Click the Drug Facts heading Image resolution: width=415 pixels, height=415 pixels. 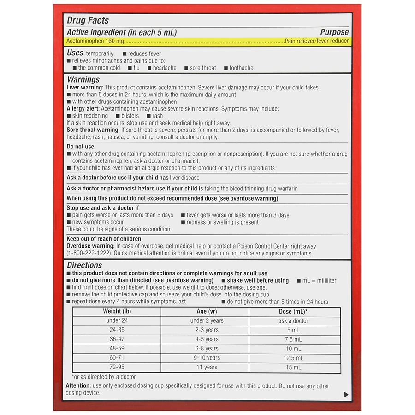click(88, 20)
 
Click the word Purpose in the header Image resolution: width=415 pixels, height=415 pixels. click(334, 32)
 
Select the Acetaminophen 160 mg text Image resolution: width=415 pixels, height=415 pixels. click(90, 41)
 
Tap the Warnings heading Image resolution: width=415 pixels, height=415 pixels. click(83, 79)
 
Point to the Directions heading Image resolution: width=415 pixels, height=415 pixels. click(84, 265)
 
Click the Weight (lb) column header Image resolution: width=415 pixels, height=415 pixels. click(117, 311)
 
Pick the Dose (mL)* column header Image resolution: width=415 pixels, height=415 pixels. click(293, 311)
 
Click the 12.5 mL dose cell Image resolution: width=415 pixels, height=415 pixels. click(293, 358)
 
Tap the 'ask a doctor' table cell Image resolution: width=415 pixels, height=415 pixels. click(293, 320)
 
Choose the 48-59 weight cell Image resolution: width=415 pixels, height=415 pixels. click(117, 349)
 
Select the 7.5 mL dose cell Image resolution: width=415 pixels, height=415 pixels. click(293, 339)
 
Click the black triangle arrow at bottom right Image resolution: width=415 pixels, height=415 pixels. click(346, 395)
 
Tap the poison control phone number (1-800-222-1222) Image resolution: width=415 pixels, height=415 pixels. click(91, 253)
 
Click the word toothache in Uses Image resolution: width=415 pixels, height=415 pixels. click(241, 68)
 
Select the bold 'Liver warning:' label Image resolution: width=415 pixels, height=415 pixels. click(85, 88)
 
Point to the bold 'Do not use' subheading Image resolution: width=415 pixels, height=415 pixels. click(80, 147)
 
